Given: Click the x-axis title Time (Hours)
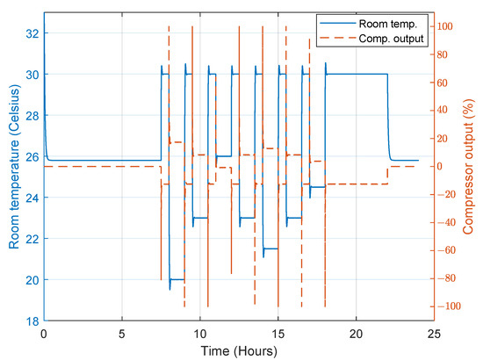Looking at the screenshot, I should pyautogui.click(x=239, y=350).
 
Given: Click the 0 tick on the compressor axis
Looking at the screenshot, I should pyautogui.click(x=443, y=166).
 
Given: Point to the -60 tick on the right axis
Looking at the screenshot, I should pyautogui.click(x=450, y=250).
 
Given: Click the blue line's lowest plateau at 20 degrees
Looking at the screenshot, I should pyautogui.click(x=177, y=279).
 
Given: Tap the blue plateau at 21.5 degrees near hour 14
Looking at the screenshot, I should pyautogui.click(x=270, y=248).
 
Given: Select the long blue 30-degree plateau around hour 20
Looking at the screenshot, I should pyautogui.click(x=356, y=75).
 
